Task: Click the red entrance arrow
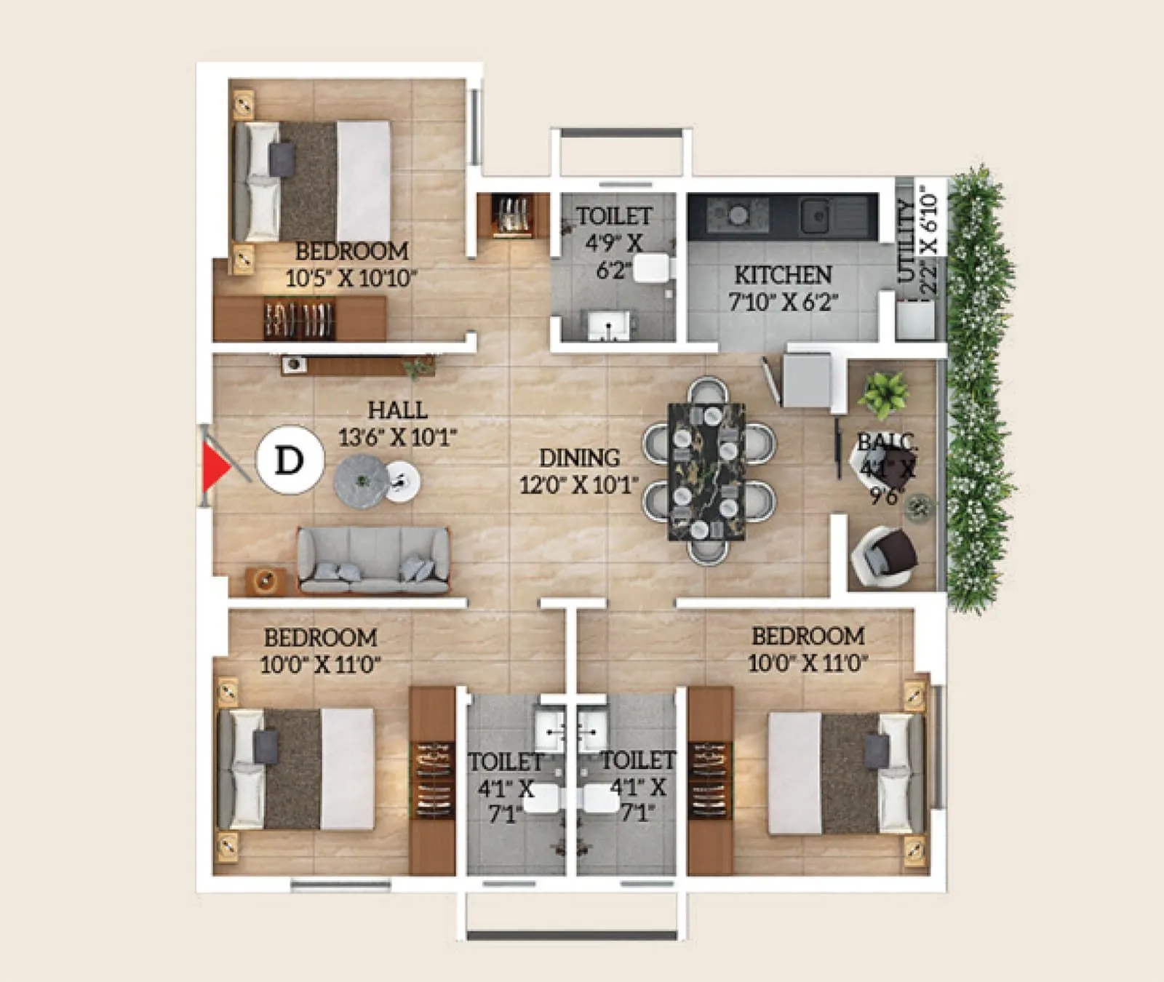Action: (215, 468)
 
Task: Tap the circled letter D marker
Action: (290, 460)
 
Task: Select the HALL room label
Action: (397, 410)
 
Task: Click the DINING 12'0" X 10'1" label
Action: (579, 471)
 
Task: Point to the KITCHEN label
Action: (783, 275)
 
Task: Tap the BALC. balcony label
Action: (887, 442)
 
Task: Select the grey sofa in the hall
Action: (373, 560)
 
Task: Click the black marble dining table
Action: (706, 471)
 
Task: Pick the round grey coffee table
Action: (362, 481)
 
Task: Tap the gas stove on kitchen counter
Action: (738, 215)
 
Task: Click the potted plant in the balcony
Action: (883, 394)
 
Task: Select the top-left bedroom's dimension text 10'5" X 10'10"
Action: (351, 279)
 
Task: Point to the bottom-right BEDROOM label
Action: (808, 636)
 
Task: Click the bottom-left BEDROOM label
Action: (320, 638)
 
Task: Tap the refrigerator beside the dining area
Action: (805, 379)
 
